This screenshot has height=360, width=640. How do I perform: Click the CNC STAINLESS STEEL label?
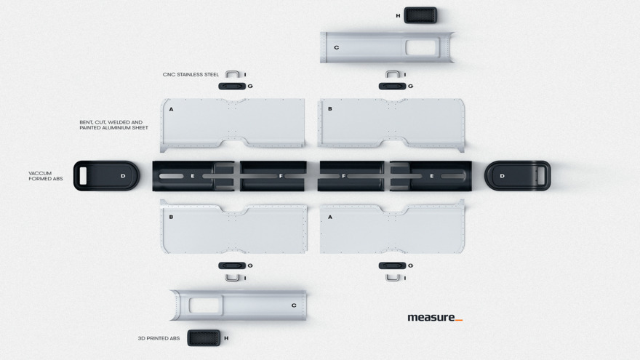(x=191, y=75)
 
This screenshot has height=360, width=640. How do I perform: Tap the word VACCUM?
(x=40, y=173)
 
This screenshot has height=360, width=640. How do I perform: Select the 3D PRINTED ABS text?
(x=159, y=338)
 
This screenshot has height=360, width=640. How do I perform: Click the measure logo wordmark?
(x=431, y=317)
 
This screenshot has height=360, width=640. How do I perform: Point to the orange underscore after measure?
(x=459, y=321)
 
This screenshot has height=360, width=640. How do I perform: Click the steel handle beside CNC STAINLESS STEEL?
(x=232, y=74)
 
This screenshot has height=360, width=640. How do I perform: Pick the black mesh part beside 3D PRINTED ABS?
(x=204, y=338)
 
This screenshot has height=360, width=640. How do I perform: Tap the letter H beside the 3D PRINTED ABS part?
(x=226, y=338)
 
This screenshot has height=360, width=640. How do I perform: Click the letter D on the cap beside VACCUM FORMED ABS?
(x=123, y=176)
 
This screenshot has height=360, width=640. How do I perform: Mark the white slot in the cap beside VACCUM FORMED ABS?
(x=83, y=176)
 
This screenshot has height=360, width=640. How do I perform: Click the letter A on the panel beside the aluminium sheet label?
(x=171, y=109)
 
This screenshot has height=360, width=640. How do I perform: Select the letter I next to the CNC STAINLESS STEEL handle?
(x=245, y=75)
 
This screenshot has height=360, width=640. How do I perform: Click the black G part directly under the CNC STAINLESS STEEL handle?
(x=232, y=86)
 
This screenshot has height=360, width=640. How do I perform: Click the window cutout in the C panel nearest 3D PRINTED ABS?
(x=206, y=305)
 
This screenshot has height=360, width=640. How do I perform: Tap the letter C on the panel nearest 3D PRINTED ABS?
(x=294, y=305)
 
